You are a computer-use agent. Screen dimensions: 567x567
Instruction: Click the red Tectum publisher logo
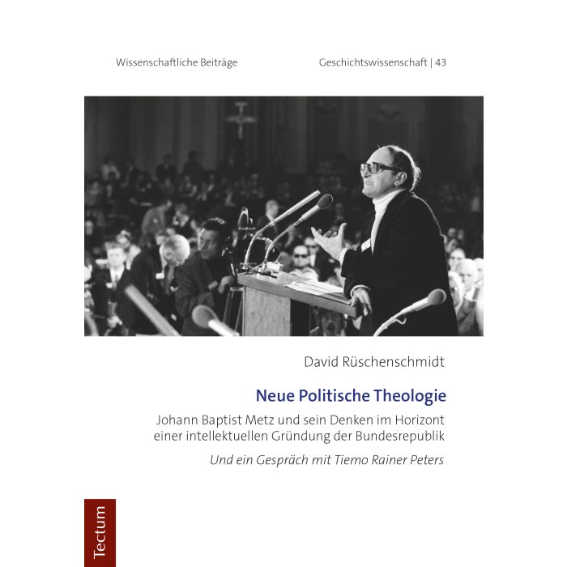coord(100,532)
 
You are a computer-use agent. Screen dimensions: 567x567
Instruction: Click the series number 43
coord(441,63)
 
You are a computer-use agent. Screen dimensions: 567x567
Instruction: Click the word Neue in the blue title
coord(273,396)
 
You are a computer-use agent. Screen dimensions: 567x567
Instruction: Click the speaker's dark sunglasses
coord(378,168)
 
